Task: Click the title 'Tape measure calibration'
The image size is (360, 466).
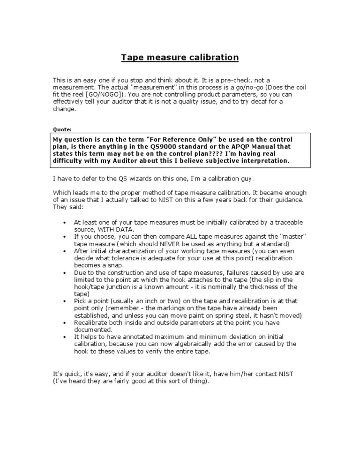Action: point(180,58)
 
